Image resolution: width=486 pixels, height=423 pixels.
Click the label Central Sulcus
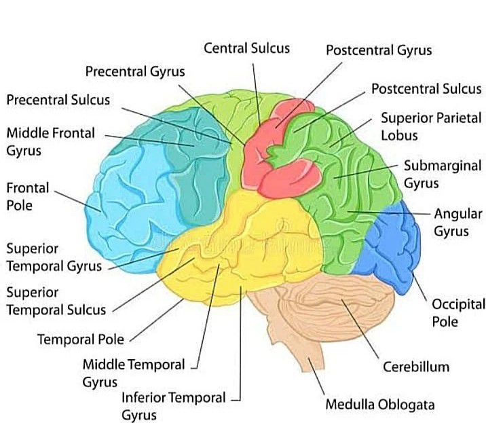tap(246, 48)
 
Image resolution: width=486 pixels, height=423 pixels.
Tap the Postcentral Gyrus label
tap(378, 50)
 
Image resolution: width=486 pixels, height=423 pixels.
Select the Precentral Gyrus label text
tap(135, 71)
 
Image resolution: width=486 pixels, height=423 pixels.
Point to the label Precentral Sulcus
tap(58, 100)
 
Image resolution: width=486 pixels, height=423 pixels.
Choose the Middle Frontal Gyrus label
tap(50, 141)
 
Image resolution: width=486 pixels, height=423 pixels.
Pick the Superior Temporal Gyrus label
tap(54, 257)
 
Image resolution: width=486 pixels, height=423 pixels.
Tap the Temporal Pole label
tap(81, 338)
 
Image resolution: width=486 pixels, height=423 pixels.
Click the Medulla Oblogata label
tap(379, 405)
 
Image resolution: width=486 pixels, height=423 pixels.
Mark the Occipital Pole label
tap(458, 312)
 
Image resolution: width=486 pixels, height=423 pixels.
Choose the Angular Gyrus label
tap(458, 222)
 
